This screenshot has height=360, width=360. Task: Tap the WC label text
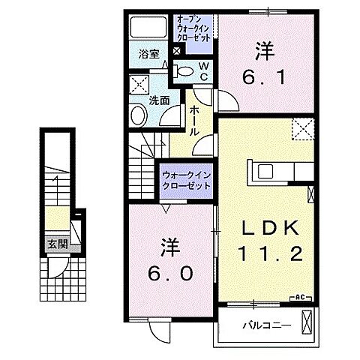pos(202,72)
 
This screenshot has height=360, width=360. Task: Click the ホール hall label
pos(194,121)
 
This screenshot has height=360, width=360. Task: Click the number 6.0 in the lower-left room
pos(170,272)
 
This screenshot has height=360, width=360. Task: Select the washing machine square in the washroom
pos(139,85)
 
